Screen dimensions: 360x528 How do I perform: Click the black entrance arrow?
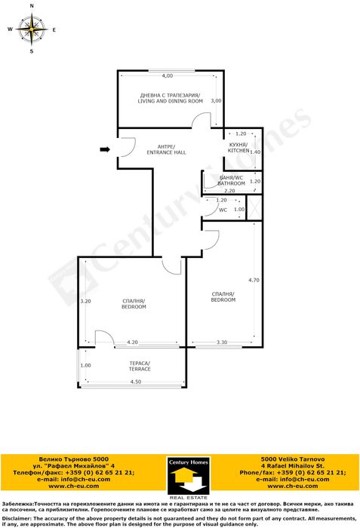pyautogui.click(x=105, y=149)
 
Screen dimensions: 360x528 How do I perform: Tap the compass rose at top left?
pyautogui.click(x=32, y=29)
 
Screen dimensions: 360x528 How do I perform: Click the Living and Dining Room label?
pyautogui.click(x=171, y=98)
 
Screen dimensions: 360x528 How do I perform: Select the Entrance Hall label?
pyautogui.click(x=166, y=149)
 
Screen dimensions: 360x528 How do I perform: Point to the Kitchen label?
pyautogui.click(x=238, y=148)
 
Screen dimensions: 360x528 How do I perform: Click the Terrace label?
pyautogui.click(x=140, y=366)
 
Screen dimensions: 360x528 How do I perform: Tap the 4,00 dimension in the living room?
pyautogui.click(x=168, y=75)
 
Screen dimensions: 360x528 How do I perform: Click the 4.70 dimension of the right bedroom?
pyautogui.click(x=254, y=280)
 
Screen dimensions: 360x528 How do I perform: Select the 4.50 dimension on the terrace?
pyautogui.click(x=136, y=382)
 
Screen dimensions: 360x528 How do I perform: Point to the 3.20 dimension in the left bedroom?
pyautogui.click(x=85, y=301)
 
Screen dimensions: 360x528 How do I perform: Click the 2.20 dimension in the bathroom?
pyautogui.click(x=229, y=191)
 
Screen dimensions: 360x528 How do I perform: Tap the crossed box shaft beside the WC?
pyautogui.click(x=254, y=207)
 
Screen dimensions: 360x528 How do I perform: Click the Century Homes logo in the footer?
pyautogui.click(x=188, y=478)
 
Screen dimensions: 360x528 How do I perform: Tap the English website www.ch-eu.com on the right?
pyautogui.click(x=293, y=486)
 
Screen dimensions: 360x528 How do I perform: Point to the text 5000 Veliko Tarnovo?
pyautogui.click(x=293, y=459)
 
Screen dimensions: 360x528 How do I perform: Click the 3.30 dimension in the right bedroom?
pyautogui.click(x=221, y=342)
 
